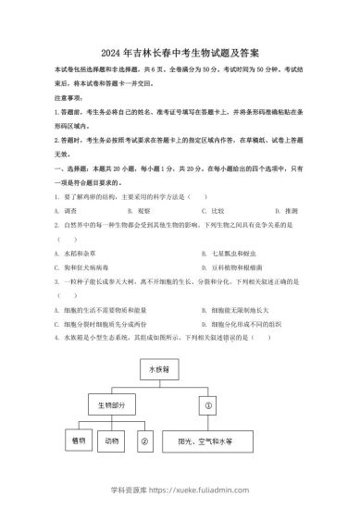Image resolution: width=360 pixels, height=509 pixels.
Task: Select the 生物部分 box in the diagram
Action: point(107,404)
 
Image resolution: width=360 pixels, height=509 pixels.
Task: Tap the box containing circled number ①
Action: point(208,404)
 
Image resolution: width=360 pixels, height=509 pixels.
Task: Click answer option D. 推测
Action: point(262,210)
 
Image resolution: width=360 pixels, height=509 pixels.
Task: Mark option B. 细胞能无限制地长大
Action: point(223,310)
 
